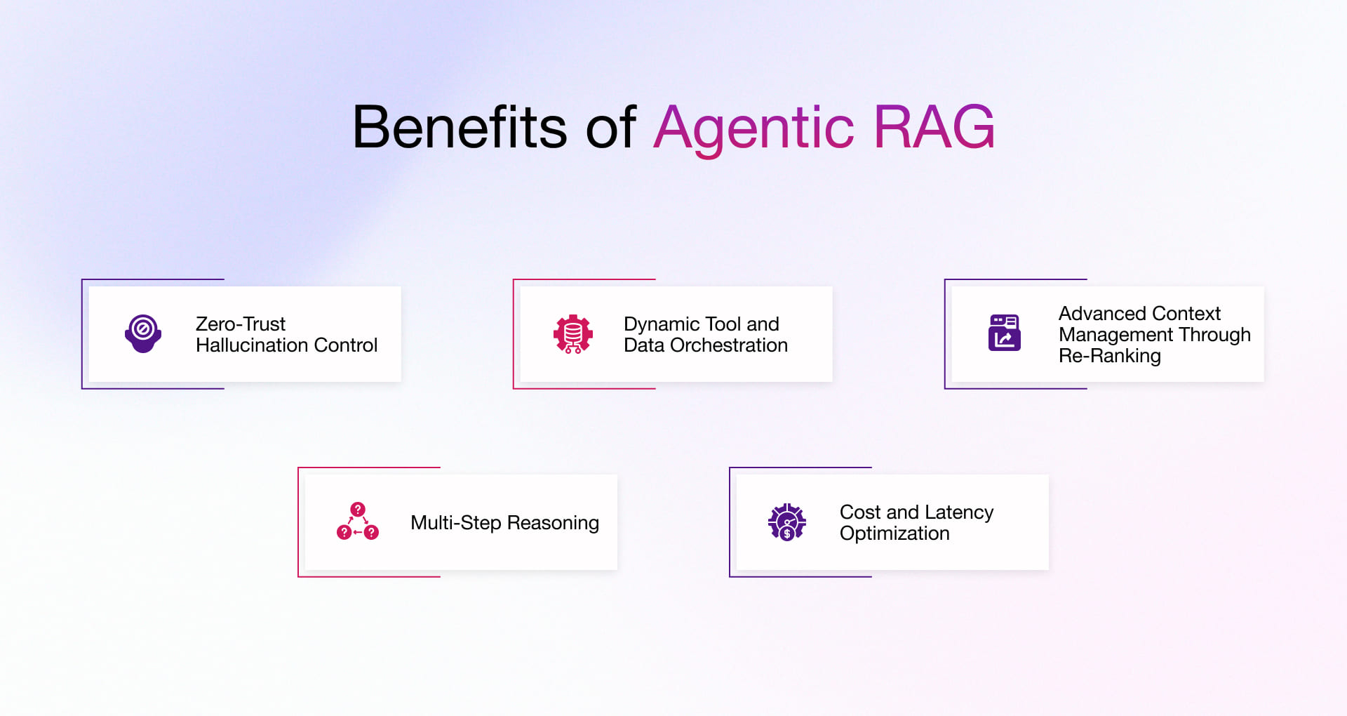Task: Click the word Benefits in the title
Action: (459, 127)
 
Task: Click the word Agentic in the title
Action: (753, 127)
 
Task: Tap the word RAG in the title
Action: (934, 127)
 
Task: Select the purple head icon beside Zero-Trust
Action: (143, 333)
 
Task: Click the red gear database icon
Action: (573, 334)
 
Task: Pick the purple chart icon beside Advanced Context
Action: (1004, 333)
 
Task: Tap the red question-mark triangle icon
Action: (358, 522)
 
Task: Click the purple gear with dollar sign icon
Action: (786, 522)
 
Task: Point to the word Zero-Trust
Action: (240, 324)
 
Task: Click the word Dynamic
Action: (662, 324)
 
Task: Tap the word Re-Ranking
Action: (1109, 356)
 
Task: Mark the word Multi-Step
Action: (455, 523)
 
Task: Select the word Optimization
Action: (894, 533)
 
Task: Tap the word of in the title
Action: (610, 127)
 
